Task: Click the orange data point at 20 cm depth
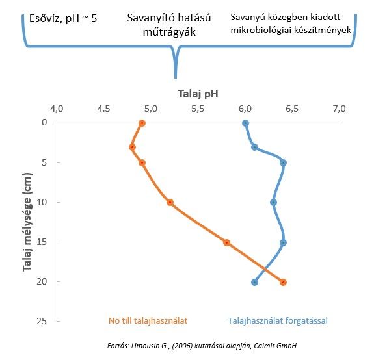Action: [283, 282]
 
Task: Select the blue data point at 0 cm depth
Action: [245, 123]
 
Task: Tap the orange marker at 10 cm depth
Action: [170, 203]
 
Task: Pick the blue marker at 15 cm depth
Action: [283, 242]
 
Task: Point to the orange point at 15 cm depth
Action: [226, 242]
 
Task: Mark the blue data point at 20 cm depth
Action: [255, 282]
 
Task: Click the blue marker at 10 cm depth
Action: [273, 203]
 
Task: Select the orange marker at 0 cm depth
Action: [142, 123]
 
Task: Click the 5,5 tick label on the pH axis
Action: [198, 109]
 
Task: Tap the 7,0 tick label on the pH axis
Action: [340, 109]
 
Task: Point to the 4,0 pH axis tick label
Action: [57, 109]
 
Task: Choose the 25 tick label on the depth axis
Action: [42, 321]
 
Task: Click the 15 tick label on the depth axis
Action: [42, 242]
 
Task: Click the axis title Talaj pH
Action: [198, 94]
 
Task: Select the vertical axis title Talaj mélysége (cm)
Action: [27, 222]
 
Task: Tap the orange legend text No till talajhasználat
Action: [148, 320]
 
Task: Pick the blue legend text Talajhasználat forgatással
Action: [278, 320]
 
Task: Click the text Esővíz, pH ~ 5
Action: [63, 19]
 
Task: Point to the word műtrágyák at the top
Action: [169, 32]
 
